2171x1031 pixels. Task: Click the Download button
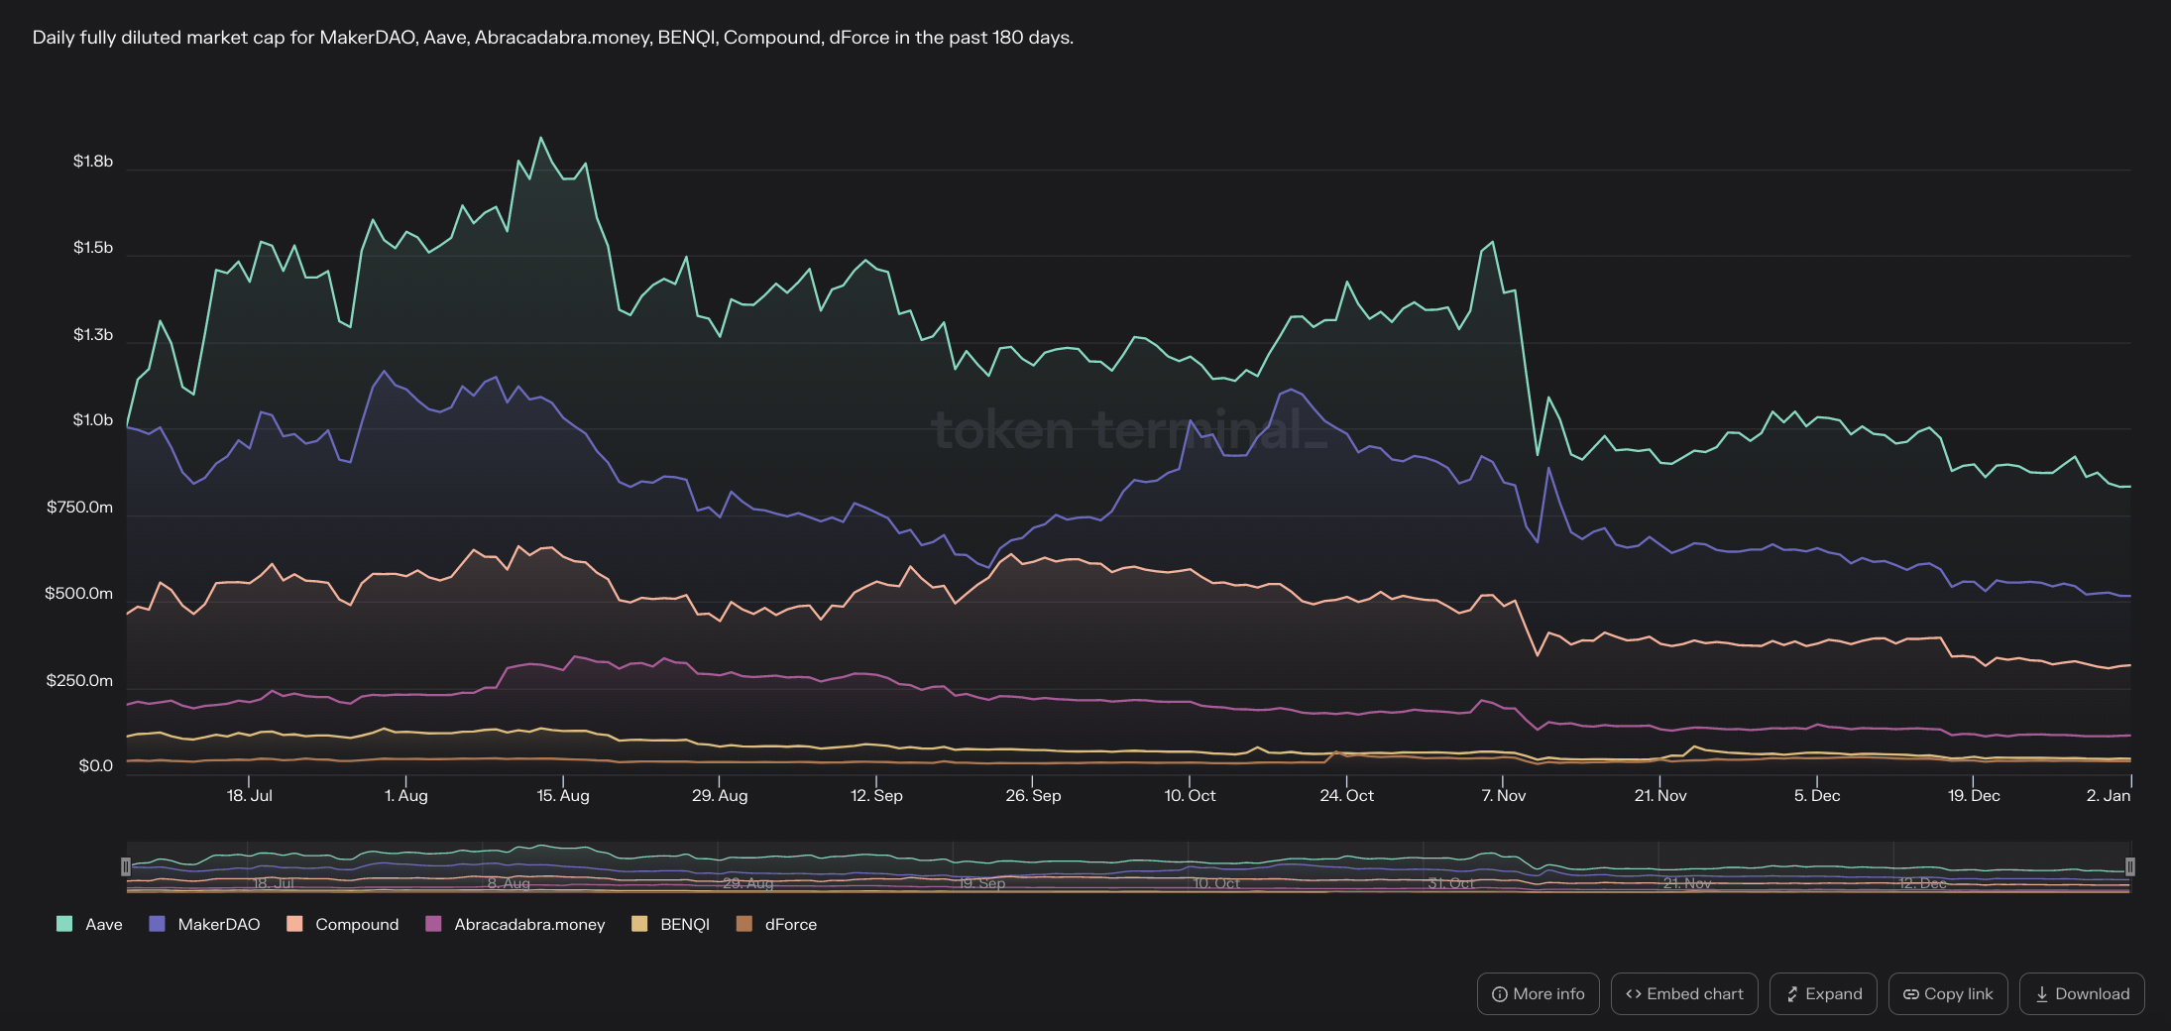2081,993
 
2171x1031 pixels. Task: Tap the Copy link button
1948,993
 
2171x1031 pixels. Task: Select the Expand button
1823,993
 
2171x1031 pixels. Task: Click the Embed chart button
1684,993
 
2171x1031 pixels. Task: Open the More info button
1538,993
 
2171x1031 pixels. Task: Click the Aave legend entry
90,924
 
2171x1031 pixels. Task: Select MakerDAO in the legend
204,924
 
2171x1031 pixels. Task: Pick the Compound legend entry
343,924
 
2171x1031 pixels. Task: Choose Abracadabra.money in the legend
515,924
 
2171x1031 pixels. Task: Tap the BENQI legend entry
671,924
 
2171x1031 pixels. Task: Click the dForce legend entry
777,924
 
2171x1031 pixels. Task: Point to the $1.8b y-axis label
93,162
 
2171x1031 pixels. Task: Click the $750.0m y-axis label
80,508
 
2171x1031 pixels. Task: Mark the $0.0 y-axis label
96,766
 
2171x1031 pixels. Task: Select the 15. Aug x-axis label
563,795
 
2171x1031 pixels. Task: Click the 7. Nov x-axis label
1504,795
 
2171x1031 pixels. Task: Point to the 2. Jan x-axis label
2109,795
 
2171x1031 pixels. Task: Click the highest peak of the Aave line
540,138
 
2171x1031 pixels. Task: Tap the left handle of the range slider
126,867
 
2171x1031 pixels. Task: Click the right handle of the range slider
2129,867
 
